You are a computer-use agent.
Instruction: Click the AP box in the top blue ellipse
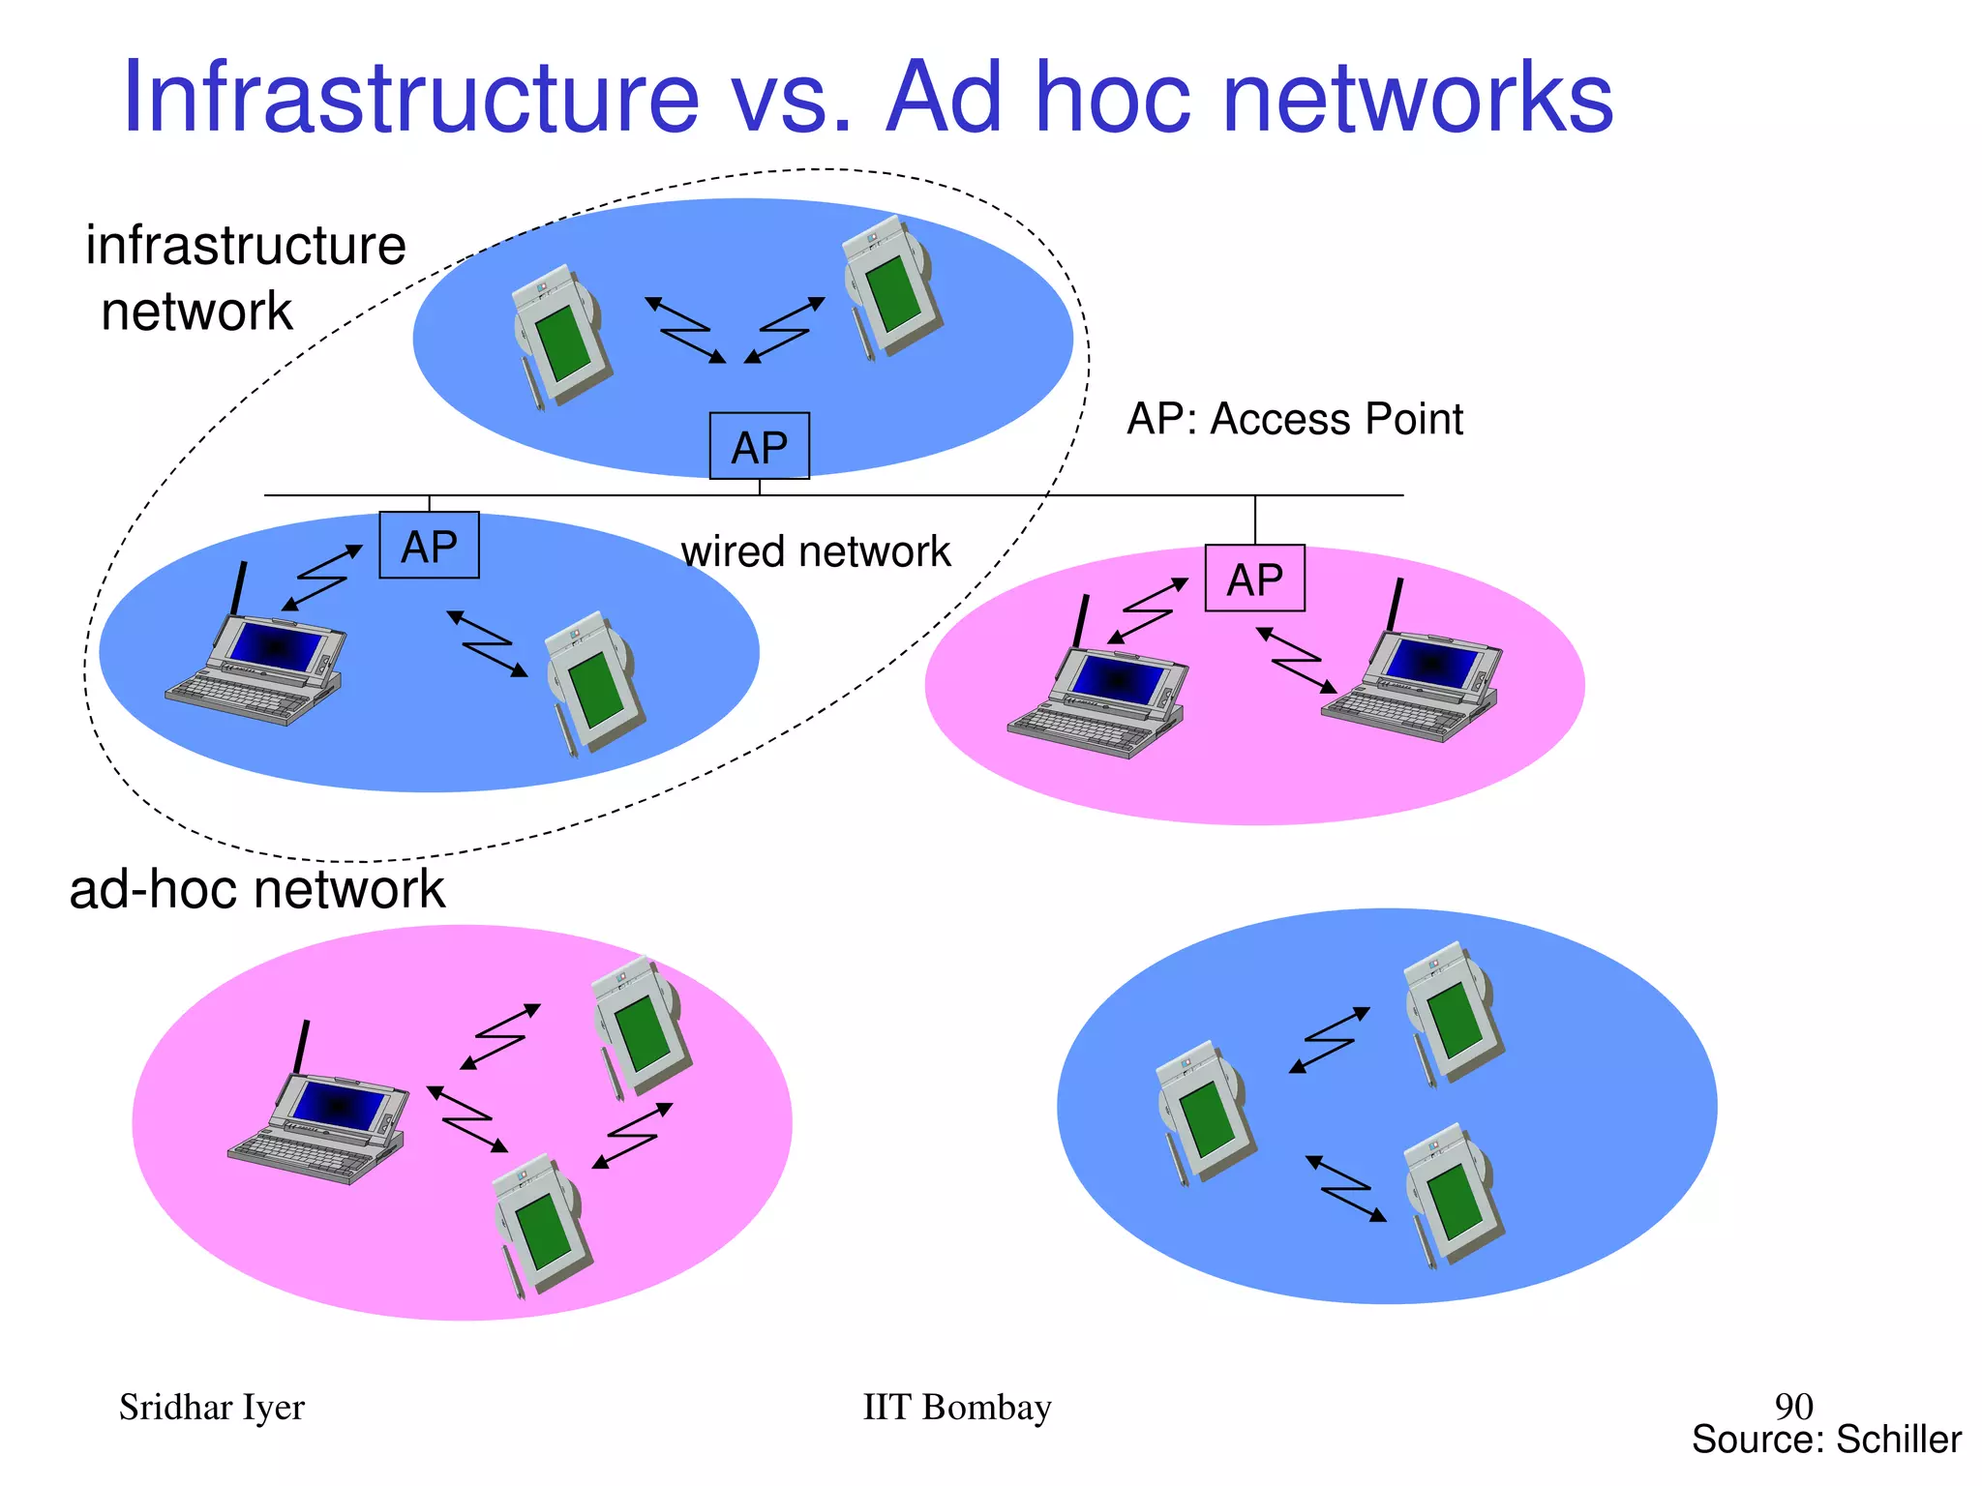tap(759, 446)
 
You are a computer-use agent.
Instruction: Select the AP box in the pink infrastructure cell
tap(1254, 579)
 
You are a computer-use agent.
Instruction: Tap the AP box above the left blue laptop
tap(429, 546)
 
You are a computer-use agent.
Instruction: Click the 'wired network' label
tap(815, 552)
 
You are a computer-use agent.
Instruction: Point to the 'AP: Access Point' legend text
tap(1294, 419)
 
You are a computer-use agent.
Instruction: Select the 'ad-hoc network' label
tap(256, 888)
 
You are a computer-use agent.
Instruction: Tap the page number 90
tap(1793, 1405)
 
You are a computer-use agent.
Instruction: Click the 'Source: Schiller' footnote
tap(1825, 1440)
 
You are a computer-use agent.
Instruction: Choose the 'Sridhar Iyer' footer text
tap(211, 1407)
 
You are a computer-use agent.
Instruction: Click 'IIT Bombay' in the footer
tap(956, 1407)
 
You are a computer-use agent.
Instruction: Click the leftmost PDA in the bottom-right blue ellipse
tap(1204, 1111)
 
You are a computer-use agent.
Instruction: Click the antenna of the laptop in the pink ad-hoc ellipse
tap(302, 1045)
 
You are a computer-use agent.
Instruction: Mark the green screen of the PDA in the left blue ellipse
tap(597, 689)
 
